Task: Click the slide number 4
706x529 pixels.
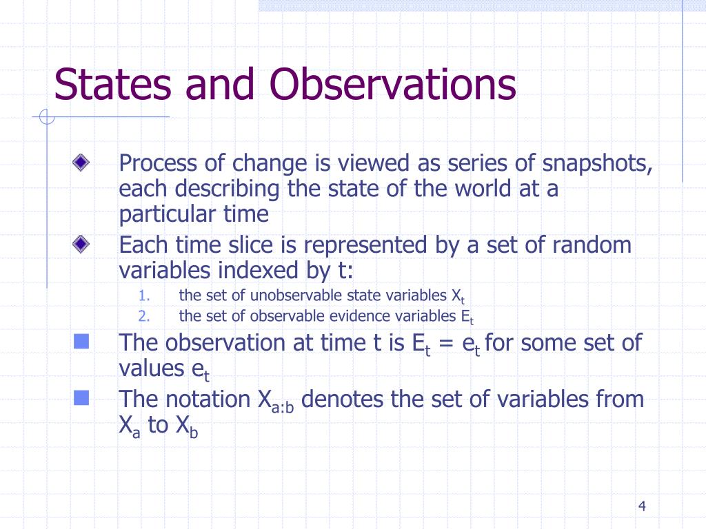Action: point(642,506)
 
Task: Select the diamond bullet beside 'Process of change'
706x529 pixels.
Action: point(81,163)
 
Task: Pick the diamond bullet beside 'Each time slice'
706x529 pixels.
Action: point(81,245)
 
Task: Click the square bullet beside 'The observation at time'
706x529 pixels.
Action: point(81,342)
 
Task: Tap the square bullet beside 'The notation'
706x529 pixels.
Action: point(81,397)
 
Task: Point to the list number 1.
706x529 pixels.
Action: point(144,296)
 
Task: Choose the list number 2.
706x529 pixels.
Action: point(144,316)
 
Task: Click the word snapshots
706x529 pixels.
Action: point(597,164)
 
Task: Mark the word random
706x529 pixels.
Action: point(592,245)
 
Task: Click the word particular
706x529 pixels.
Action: point(168,215)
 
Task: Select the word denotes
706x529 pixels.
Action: point(342,399)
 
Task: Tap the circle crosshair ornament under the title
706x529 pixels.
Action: point(47,117)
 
